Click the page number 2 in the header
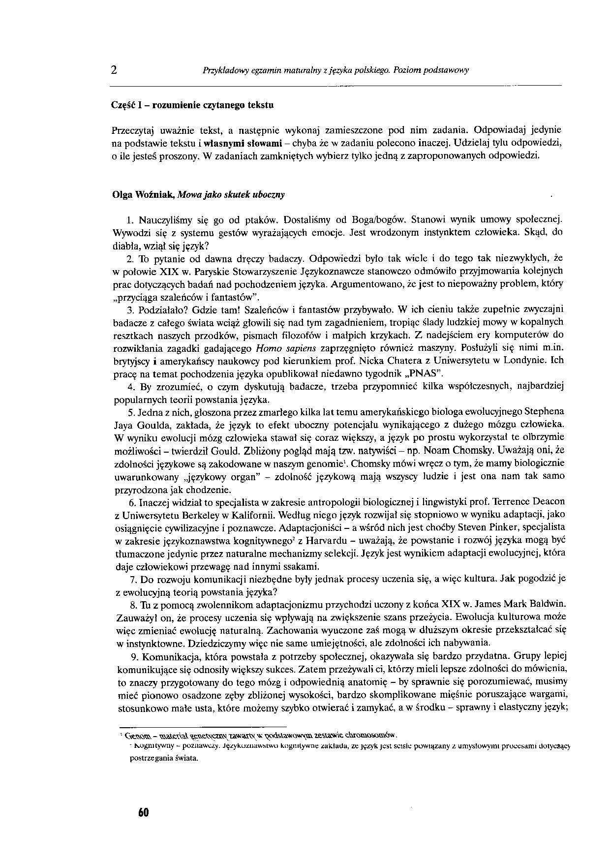pos(114,69)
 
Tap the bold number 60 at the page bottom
pos(143,812)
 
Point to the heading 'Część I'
pos(127,105)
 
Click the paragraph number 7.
pos(133,579)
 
